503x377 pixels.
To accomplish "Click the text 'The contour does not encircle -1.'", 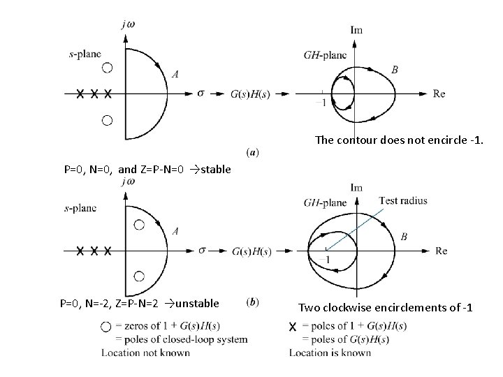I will [399, 140].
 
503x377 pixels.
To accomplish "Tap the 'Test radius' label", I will [402, 201].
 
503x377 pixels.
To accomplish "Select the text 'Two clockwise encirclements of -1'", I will [386, 307].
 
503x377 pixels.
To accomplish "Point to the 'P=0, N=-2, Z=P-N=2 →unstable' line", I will [139, 303].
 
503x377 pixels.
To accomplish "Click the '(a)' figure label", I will [253, 151].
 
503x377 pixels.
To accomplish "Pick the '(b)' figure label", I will [253, 302].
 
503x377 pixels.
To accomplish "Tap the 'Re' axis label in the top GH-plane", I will [439, 94].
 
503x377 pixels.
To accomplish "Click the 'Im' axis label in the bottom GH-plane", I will [356, 187].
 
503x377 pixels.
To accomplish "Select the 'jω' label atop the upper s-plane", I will [128, 24].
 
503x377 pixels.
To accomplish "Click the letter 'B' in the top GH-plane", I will [395, 70].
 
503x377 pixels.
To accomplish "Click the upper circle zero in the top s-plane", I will [107, 68].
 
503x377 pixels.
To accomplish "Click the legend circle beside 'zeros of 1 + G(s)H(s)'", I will [105, 327].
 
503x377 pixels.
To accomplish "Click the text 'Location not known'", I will [145, 353].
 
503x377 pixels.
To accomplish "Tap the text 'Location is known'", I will [330, 353].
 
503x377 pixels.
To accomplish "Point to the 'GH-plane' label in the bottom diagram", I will [325, 202].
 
